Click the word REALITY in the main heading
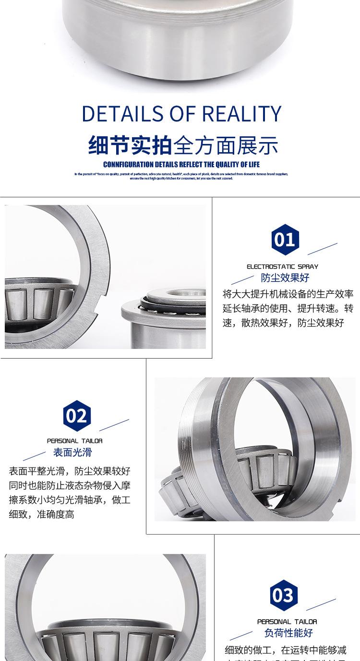point(241,114)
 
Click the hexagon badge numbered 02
point(77,416)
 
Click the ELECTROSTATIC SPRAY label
point(282,266)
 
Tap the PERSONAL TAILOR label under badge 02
point(74,441)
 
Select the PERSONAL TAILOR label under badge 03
point(287,622)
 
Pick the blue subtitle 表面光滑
point(72,452)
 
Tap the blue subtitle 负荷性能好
point(288,633)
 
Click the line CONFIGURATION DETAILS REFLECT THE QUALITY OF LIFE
point(181,165)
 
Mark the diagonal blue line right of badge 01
point(322,249)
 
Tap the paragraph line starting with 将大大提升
point(288,294)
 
